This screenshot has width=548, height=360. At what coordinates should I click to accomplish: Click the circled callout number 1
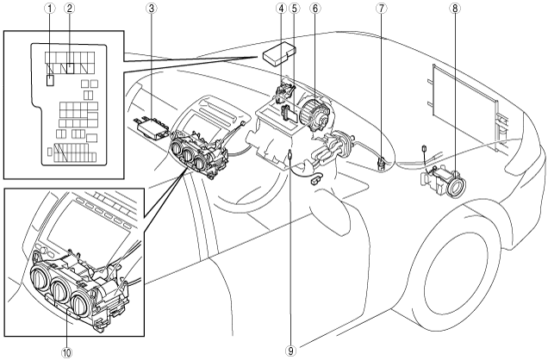(50, 9)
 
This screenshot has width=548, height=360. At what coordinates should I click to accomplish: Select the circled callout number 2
(70, 9)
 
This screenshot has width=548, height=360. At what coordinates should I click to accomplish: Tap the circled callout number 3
(151, 9)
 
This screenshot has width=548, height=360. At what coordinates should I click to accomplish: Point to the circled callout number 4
(281, 9)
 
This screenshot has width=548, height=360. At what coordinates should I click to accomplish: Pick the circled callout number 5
(295, 9)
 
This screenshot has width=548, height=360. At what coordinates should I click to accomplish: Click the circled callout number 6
(314, 9)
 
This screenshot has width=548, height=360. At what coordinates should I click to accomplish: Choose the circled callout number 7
(382, 9)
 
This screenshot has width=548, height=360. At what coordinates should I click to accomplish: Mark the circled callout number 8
(455, 9)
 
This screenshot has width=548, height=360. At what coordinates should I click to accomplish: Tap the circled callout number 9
(290, 351)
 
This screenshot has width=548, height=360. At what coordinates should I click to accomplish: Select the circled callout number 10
(67, 352)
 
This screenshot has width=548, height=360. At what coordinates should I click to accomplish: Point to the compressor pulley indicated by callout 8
(457, 184)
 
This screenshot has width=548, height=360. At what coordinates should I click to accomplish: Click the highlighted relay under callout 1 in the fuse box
(50, 81)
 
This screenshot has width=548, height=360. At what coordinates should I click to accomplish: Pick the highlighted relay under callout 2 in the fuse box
(71, 68)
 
